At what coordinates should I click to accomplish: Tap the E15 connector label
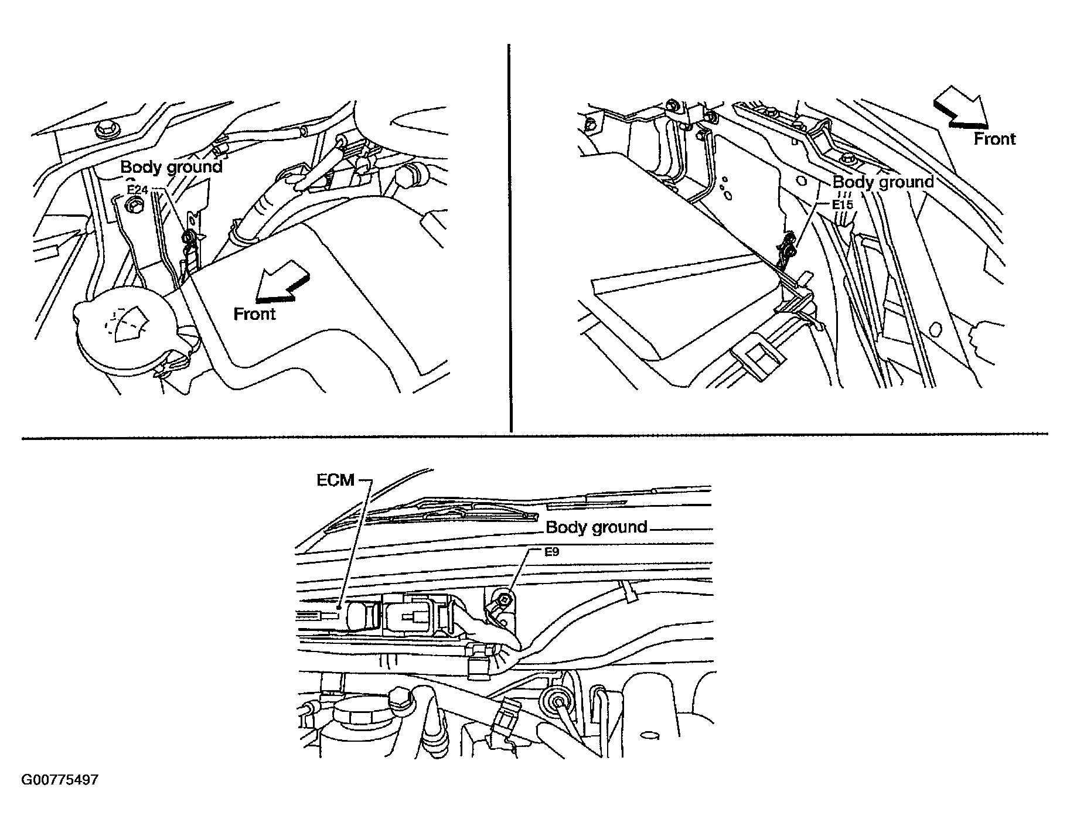(x=844, y=205)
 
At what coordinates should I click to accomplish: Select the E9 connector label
(x=537, y=551)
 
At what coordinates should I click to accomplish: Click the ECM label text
(x=336, y=480)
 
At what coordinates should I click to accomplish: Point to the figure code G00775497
(x=60, y=780)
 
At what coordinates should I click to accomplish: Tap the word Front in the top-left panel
(x=255, y=314)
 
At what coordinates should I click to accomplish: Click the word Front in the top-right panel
(x=995, y=139)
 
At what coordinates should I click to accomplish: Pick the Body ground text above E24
(x=172, y=168)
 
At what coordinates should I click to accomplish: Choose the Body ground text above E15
(x=883, y=182)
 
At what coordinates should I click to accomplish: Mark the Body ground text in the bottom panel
(x=597, y=527)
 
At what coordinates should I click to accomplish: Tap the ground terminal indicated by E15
(x=789, y=250)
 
